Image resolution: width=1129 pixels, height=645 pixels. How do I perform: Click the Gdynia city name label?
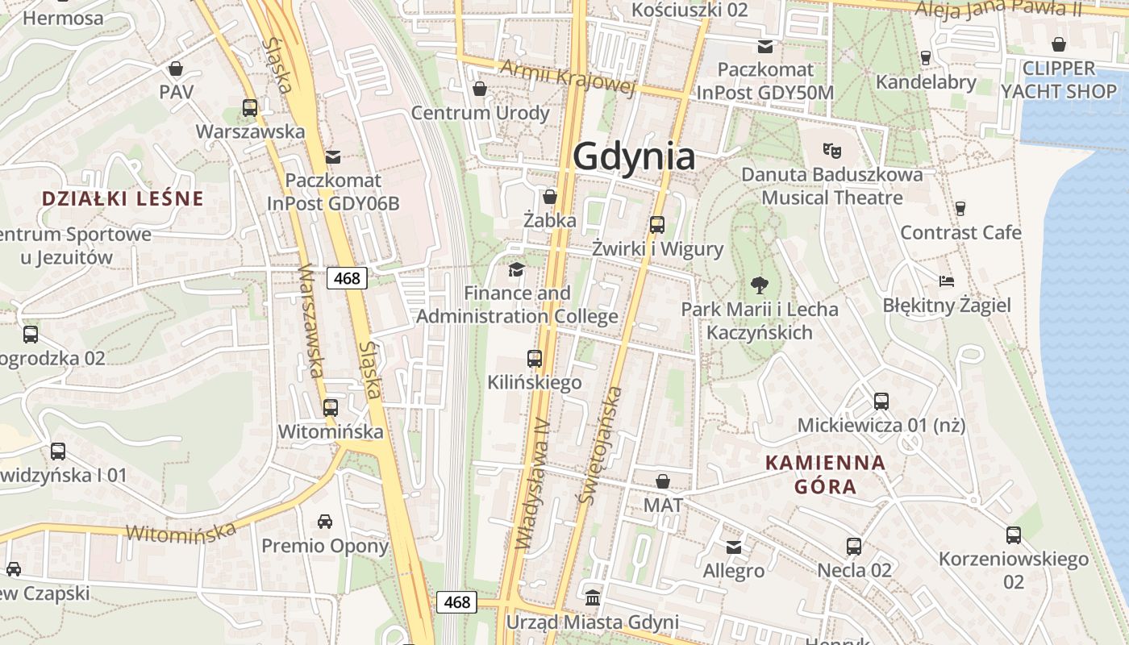click(x=634, y=156)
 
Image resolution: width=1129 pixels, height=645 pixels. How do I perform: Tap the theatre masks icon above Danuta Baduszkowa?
click(x=831, y=150)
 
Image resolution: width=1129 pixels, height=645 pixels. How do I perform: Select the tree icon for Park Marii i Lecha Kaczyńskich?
click(x=759, y=284)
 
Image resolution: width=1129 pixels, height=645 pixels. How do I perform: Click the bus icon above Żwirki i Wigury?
click(x=657, y=224)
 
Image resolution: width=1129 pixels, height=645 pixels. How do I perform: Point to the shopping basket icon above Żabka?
click(x=550, y=196)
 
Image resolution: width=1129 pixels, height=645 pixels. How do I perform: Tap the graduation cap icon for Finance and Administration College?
click(x=516, y=268)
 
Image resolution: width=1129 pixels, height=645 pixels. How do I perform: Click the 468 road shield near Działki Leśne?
click(x=348, y=278)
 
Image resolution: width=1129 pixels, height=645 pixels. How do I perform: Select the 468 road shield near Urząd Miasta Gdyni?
click(x=457, y=601)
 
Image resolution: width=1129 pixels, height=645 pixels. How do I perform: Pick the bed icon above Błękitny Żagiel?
click(x=947, y=281)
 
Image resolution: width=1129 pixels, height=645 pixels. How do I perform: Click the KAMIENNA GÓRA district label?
click(x=825, y=475)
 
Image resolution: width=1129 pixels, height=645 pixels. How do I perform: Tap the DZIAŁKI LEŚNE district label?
click(x=123, y=198)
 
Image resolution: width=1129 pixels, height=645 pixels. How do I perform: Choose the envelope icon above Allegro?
click(x=734, y=547)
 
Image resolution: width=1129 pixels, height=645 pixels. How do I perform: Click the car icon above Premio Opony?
click(x=325, y=522)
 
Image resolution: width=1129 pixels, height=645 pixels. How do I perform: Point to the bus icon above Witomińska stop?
click(x=331, y=407)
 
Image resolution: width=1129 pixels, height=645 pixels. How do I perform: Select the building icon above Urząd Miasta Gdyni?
click(x=593, y=597)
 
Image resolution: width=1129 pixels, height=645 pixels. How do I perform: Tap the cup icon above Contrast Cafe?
click(x=960, y=209)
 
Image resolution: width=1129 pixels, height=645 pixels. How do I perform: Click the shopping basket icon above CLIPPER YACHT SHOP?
click(x=1058, y=44)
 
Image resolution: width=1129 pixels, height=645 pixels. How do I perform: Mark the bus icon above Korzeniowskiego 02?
click(x=1014, y=535)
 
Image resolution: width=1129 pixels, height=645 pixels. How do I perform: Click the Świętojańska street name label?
click(x=601, y=445)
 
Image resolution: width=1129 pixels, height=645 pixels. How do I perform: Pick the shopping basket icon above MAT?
click(x=663, y=481)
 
